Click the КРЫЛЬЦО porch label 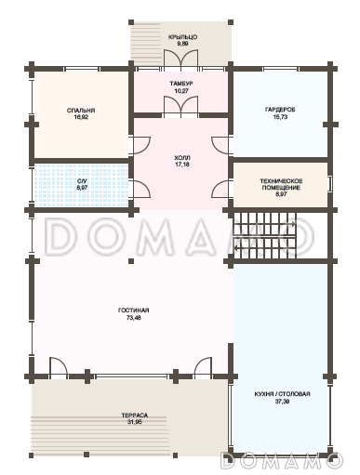click(x=182, y=37)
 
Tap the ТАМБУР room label click(x=181, y=84)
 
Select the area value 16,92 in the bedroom click(x=81, y=117)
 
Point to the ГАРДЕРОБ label click(x=280, y=110)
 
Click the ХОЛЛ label click(x=182, y=158)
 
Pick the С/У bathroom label click(x=82, y=181)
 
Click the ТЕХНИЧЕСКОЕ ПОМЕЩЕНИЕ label click(x=281, y=184)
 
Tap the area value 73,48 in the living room click(x=134, y=318)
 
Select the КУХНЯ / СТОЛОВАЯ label click(x=282, y=394)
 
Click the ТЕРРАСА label click(x=135, y=416)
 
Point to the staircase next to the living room click(x=265, y=235)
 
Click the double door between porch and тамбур click(x=181, y=58)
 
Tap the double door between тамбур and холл click(x=181, y=106)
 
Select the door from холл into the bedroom click(x=140, y=145)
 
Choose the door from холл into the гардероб click(x=221, y=145)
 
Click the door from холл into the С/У click(x=141, y=189)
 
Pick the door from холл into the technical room click(x=221, y=189)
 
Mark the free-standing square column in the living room click(x=131, y=261)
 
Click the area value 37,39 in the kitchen click(x=282, y=402)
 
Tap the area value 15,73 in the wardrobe click(x=280, y=117)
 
